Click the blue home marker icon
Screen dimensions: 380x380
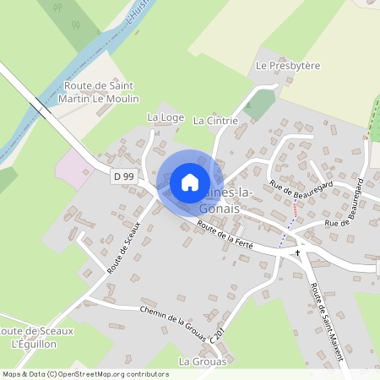point(190,182)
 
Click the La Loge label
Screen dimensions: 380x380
point(165,117)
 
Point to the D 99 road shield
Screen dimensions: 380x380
point(123,176)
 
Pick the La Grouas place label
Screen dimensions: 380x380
point(203,361)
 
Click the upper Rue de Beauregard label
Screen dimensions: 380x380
point(301,189)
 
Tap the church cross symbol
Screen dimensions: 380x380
point(297,252)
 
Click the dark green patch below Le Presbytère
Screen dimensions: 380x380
point(259,104)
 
